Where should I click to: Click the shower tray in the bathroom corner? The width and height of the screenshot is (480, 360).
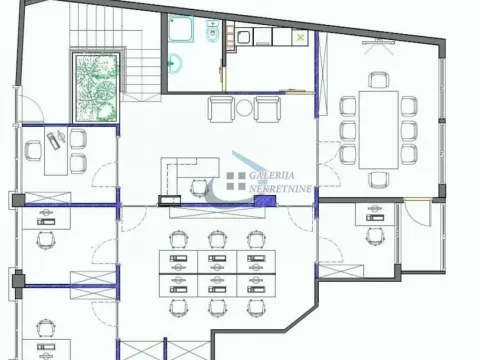point(180,31)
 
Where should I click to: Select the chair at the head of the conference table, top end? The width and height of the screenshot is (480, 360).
point(378,80)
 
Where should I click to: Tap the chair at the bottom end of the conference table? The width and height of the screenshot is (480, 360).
point(378,178)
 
